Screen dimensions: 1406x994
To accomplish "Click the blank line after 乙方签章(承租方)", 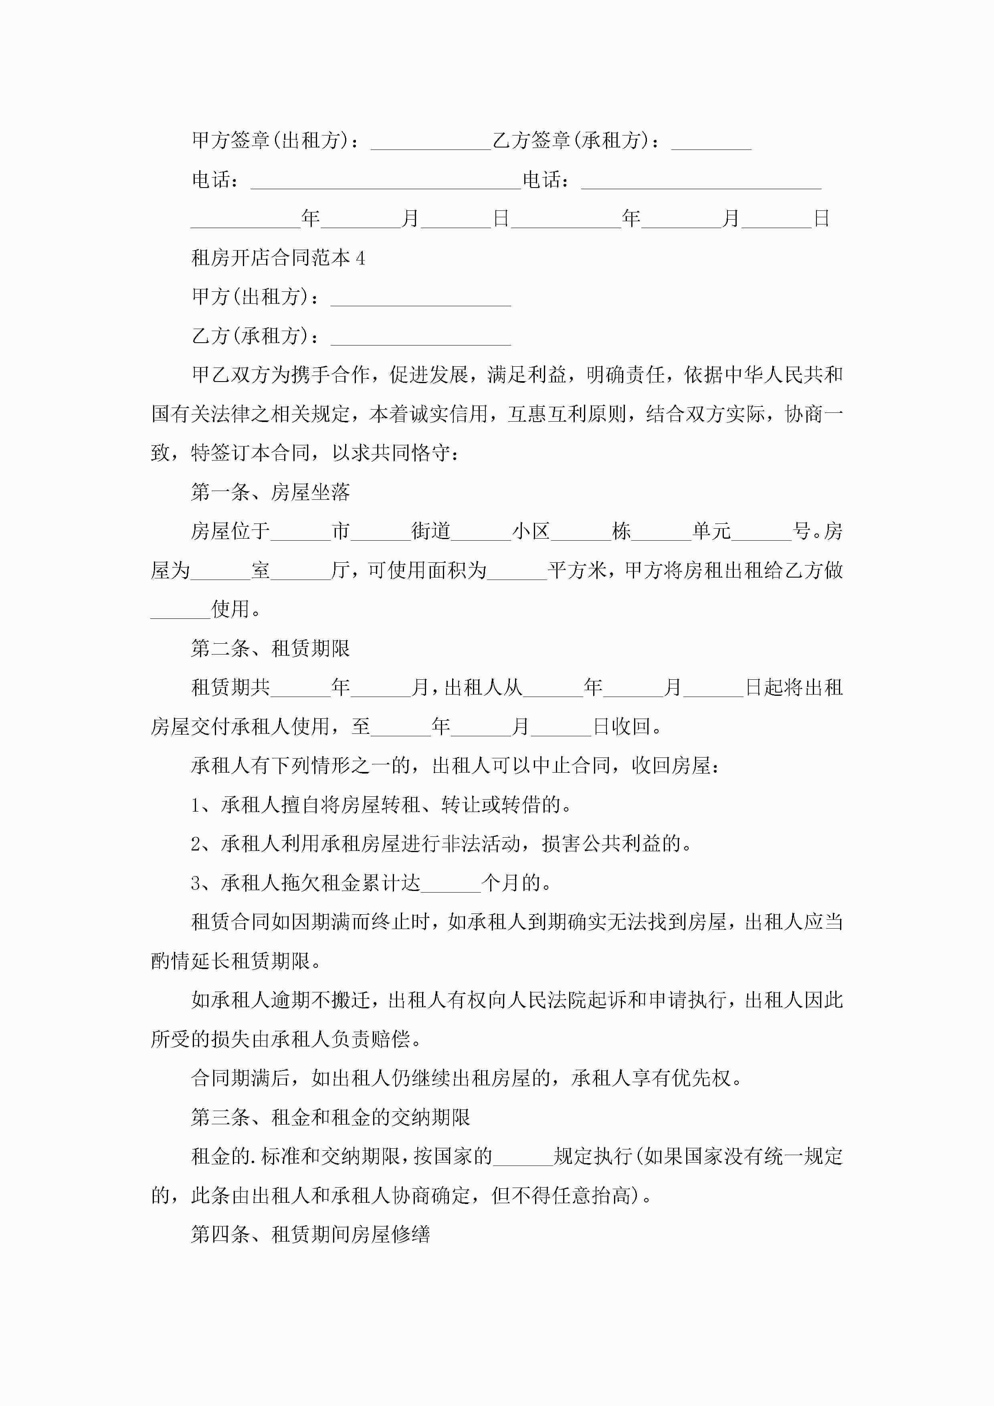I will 711,142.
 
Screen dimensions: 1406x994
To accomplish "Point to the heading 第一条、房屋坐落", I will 270,492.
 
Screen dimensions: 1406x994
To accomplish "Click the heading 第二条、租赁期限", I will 270,648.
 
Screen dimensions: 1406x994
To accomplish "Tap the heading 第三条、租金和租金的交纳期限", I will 330,1117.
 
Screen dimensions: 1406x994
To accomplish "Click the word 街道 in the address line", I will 430,531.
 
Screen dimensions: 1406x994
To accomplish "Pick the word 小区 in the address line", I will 531,531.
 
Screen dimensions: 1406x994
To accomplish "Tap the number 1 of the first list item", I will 196,805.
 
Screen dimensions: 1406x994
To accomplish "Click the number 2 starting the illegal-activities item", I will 196,844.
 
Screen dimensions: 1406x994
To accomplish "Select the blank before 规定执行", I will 523,1157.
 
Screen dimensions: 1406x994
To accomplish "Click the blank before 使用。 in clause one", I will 181,610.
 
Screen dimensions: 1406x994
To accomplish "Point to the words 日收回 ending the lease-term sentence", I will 621,727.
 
